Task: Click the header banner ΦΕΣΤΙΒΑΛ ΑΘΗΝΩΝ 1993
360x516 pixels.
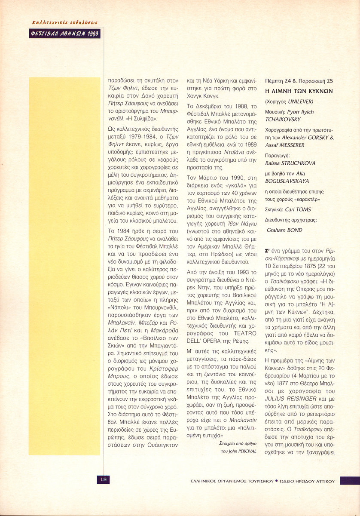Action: [x=65, y=33]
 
